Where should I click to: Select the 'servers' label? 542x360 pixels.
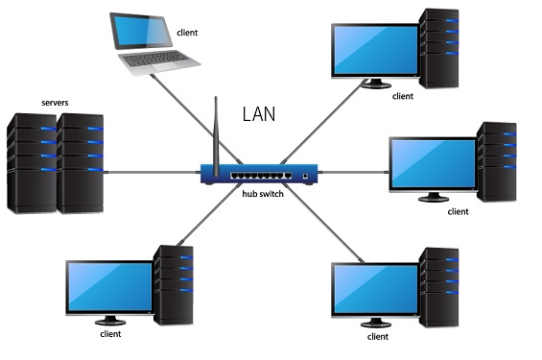tap(54, 101)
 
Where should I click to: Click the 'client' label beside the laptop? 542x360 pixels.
tap(188, 32)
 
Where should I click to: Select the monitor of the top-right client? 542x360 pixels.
tap(374, 49)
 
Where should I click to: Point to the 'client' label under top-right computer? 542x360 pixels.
tap(403, 96)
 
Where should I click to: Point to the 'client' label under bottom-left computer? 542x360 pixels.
tap(111, 335)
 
